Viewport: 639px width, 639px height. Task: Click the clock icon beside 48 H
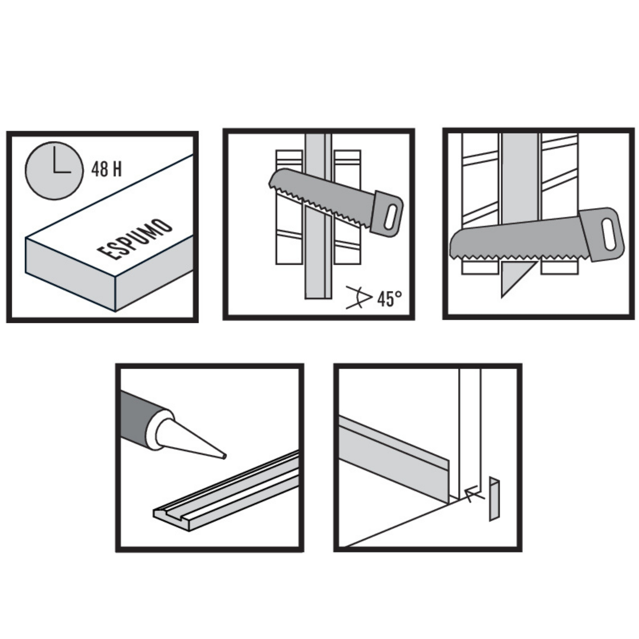coord(54,171)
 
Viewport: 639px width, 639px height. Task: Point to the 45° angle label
coord(390,299)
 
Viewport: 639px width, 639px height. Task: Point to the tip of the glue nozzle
coord(225,457)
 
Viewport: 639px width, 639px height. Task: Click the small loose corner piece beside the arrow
coord(494,499)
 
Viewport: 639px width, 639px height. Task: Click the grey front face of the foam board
coord(70,275)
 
